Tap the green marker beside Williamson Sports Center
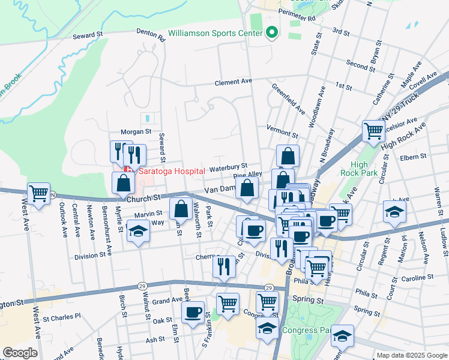tap(273, 32)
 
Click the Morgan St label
tap(136, 131)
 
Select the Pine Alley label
tap(247, 174)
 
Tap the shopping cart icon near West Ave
tap(39, 194)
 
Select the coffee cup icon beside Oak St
tap(193, 313)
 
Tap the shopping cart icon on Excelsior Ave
tap(373, 130)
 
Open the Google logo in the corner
tap(20, 353)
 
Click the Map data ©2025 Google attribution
tap(411, 355)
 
